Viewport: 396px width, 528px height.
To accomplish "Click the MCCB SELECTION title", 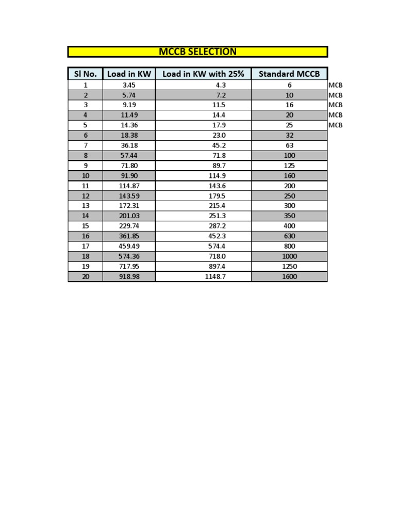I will tap(197, 52).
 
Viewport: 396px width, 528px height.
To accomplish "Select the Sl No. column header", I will tap(85, 74).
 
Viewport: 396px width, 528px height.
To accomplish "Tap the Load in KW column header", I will tap(129, 74).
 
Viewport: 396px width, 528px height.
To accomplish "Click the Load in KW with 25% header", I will tap(203, 74).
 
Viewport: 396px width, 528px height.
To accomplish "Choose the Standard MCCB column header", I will tap(289, 74).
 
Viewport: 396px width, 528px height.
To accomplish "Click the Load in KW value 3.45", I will tap(129, 85).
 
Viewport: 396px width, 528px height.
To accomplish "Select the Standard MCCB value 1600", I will tap(289, 276).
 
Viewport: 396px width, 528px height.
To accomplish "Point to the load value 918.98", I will tap(129, 276).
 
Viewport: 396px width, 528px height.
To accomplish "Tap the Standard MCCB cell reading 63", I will tap(289, 145).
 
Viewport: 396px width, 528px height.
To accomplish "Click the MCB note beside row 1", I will tap(335, 85).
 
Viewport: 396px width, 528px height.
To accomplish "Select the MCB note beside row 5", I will tap(335, 125).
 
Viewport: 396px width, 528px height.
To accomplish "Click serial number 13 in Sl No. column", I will tap(85, 206).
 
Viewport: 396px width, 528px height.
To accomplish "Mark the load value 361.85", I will tap(129, 236).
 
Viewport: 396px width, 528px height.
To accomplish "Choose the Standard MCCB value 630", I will tap(289, 236).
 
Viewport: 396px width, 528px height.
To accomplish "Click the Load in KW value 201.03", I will tap(129, 216).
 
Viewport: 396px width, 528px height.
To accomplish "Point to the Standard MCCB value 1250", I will tap(289, 267).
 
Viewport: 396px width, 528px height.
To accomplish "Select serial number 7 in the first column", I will tap(85, 145).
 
